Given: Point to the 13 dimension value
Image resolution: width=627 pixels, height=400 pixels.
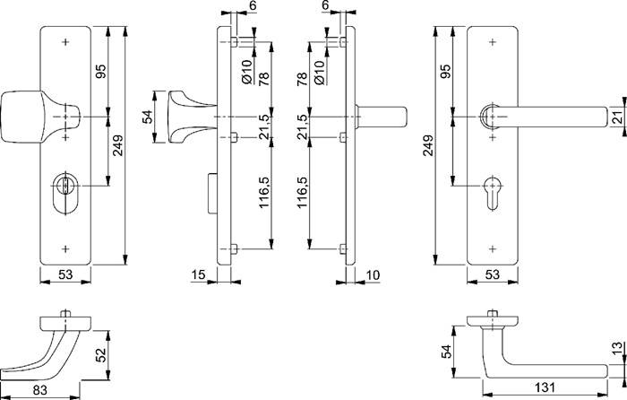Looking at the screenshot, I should (614, 351).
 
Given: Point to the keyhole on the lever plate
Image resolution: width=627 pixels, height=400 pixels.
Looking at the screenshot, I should (493, 190).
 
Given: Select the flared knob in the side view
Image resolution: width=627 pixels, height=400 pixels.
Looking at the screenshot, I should (184, 117).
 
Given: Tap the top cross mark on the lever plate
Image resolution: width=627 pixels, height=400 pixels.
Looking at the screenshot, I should (493, 42).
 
